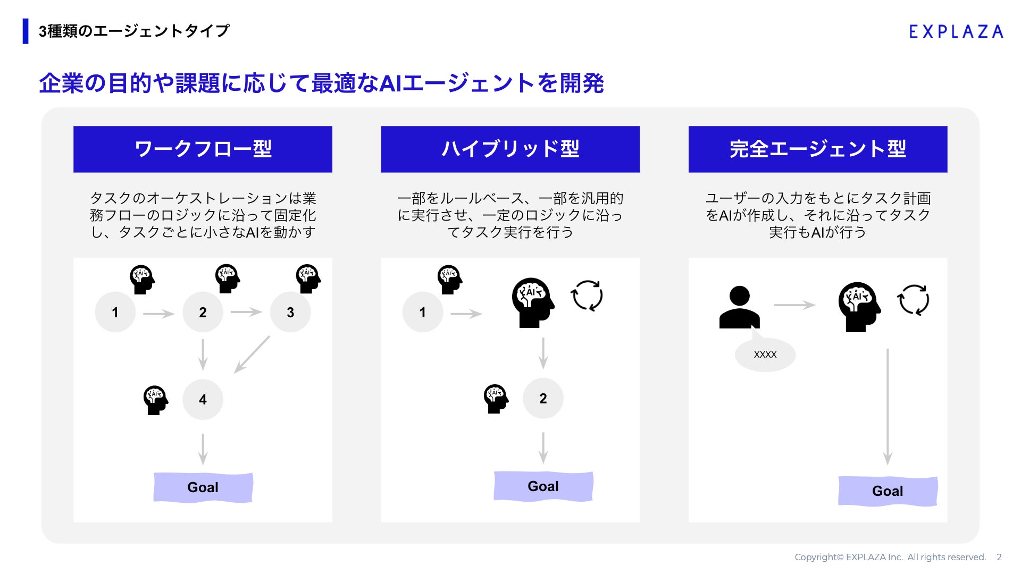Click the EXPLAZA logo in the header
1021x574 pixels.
[956, 32]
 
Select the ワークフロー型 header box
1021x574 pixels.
[203, 149]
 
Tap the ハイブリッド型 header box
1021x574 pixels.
[510, 149]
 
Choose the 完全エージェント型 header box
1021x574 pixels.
[817, 149]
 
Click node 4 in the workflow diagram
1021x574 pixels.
[203, 399]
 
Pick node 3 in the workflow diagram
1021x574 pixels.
[290, 312]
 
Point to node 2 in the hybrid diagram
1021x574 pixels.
[543, 398]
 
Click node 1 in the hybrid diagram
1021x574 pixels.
[422, 312]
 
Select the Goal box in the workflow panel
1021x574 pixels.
[203, 487]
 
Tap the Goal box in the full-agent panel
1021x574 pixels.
[888, 491]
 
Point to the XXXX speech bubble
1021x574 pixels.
[765, 354]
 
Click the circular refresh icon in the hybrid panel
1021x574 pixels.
[587, 296]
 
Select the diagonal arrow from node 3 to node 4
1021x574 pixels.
[252, 354]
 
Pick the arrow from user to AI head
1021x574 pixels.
[794, 305]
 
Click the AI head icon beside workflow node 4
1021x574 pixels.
[155, 400]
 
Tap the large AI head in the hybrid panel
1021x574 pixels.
[532, 302]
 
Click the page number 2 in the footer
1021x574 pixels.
[999, 557]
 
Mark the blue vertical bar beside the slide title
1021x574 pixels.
[26, 31]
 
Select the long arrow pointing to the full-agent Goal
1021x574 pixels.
[888, 407]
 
